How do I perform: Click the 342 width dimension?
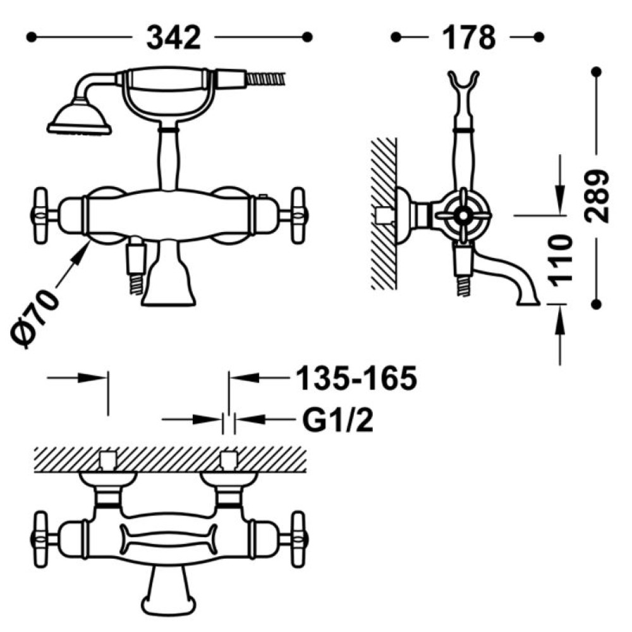tap(173, 38)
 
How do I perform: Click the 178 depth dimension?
tap(469, 38)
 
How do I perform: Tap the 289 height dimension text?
tap(597, 197)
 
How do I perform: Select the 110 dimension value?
tap(561, 260)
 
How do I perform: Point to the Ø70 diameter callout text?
tap(34, 318)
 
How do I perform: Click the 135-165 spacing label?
tap(356, 379)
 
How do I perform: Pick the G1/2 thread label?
tap(337, 420)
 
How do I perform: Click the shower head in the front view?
tap(79, 118)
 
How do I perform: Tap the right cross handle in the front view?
tap(298, 216)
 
